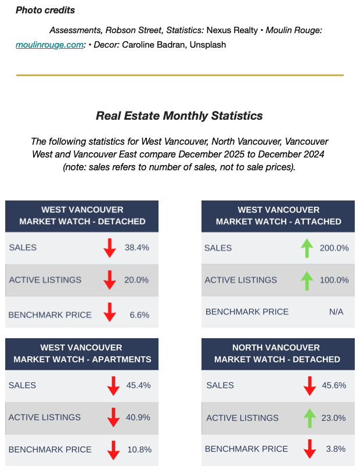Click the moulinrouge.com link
tap(50, 44)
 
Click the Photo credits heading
tap(45, 10)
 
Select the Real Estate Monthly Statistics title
tap(179, 116)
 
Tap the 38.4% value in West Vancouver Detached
tap(137, 248)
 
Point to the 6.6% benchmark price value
tap(140, 315)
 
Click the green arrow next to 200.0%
tap(307, 248)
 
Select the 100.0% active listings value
tap(334, 280)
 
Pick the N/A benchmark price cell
tap(336, 312)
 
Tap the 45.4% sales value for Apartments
tap(138, 385)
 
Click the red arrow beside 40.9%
tap(113, 418)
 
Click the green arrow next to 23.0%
tap(309, 418)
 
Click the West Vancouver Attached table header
tap(278, 216)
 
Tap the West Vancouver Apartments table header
tap(82, 353)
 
